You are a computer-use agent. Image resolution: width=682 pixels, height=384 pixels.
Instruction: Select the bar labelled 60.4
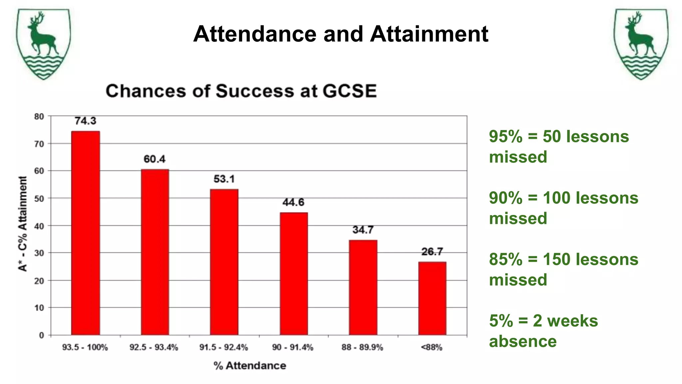(x=155, y=252)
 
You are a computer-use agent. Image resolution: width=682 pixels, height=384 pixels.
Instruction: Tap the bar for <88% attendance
(x=432, y=298)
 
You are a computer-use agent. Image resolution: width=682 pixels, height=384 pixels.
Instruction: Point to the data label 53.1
(x=224, y=179)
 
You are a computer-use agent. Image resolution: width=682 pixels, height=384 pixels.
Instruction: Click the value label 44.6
(x=293, y=202)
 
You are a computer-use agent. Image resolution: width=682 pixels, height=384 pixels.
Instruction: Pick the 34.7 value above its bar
(x=363, y=230)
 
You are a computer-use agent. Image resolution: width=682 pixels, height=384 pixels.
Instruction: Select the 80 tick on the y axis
(x=39, y=117)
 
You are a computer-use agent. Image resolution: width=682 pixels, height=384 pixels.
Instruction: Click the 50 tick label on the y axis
(x=39, y=199)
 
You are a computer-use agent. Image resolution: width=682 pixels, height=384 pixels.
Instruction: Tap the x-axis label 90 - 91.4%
(x=293, y=347)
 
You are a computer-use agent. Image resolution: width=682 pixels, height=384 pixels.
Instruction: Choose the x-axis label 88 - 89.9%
(x=362, y=347)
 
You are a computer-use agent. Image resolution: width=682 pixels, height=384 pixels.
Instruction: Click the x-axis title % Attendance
(x=250, y=366)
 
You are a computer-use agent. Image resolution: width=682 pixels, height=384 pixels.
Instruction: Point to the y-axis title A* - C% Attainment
(x=23, y=224)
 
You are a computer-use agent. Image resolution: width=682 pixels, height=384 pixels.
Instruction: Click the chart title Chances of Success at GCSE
(x=241, y=91)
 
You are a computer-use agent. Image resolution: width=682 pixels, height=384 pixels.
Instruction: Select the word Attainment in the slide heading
(x=429, y=34)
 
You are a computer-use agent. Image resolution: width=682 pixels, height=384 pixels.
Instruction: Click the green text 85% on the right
(x=506, y=259)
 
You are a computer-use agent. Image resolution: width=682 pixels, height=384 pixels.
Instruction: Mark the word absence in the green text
(x=523, y=341)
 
